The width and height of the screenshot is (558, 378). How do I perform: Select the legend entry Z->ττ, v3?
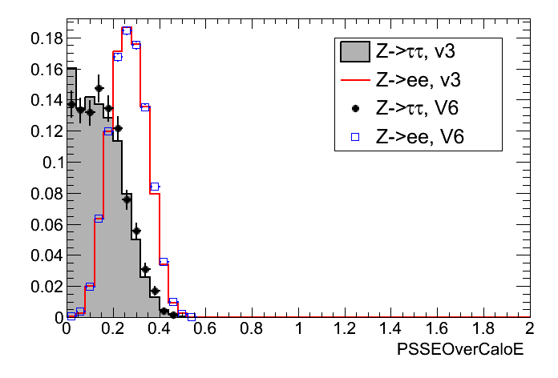click(414, 53)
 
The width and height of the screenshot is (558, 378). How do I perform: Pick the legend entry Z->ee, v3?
click(414, 80)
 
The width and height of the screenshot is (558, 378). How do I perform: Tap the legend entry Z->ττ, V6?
click(414, 110)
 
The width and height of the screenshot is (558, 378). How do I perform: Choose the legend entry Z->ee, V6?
click(414, 138)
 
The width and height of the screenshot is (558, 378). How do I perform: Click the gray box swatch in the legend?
click(354, 53)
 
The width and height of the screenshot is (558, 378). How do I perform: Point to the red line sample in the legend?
click(354, 81)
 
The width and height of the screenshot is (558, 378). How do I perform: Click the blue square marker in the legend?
click(354, 138)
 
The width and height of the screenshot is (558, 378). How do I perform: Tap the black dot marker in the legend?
click(354, 110)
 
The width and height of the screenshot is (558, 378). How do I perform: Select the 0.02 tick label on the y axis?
click(44, 287)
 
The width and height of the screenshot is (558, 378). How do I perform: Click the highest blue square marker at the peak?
click(127, 31)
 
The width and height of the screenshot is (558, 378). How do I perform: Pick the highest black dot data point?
click(99, 88)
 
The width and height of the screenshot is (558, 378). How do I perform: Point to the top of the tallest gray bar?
click(71, 69)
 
